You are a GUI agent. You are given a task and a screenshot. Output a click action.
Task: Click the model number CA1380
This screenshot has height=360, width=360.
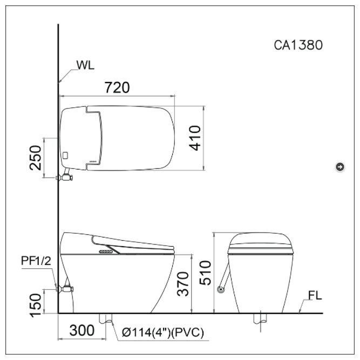tap(298, 45)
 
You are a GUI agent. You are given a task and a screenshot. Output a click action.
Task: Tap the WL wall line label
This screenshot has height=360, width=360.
tap(85, 65)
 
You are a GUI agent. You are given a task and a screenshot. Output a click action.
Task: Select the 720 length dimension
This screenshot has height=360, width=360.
tap(117, 87)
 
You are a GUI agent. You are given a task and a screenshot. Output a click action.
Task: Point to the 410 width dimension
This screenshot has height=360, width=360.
tap(195, 138)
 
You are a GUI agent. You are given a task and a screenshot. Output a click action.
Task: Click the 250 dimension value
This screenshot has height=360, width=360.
tap(36, 158)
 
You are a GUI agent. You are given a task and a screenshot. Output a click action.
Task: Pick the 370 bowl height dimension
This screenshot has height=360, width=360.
tap(183, 284)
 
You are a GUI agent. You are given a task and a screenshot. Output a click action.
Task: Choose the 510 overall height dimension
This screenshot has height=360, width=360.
tap(205, 273)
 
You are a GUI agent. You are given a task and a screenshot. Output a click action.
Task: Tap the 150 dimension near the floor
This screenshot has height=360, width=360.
tap(36, 305)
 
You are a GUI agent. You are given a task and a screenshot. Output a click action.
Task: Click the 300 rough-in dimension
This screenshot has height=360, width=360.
tap(81, 330)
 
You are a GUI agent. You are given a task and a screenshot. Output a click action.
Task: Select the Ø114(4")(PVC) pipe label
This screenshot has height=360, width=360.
tap(163, 332)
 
